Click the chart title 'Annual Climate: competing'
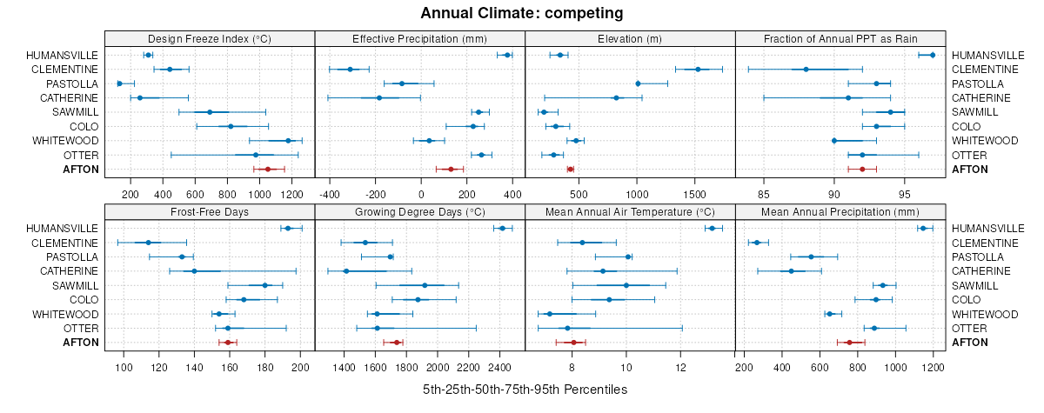tap(521, 13)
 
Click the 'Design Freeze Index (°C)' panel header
tap(209, 38)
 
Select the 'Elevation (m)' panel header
tap(630, 38)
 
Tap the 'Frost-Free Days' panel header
tap(209, 211)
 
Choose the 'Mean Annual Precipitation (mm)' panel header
tap(840, 211)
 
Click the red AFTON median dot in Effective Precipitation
tap(451, 169)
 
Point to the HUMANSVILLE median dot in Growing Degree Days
tap(502, 229)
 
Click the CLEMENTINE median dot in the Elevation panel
tap(698, 70)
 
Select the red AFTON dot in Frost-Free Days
tap(228, 343)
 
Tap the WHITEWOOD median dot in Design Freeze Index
tap(288, 141)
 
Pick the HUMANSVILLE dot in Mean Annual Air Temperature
tap(712, 229)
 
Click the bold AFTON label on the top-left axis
tap(81, 170)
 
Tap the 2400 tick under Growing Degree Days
tap(500, 367)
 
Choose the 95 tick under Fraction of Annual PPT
tap(905, 193)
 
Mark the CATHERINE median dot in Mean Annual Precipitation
tap(791, 271)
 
